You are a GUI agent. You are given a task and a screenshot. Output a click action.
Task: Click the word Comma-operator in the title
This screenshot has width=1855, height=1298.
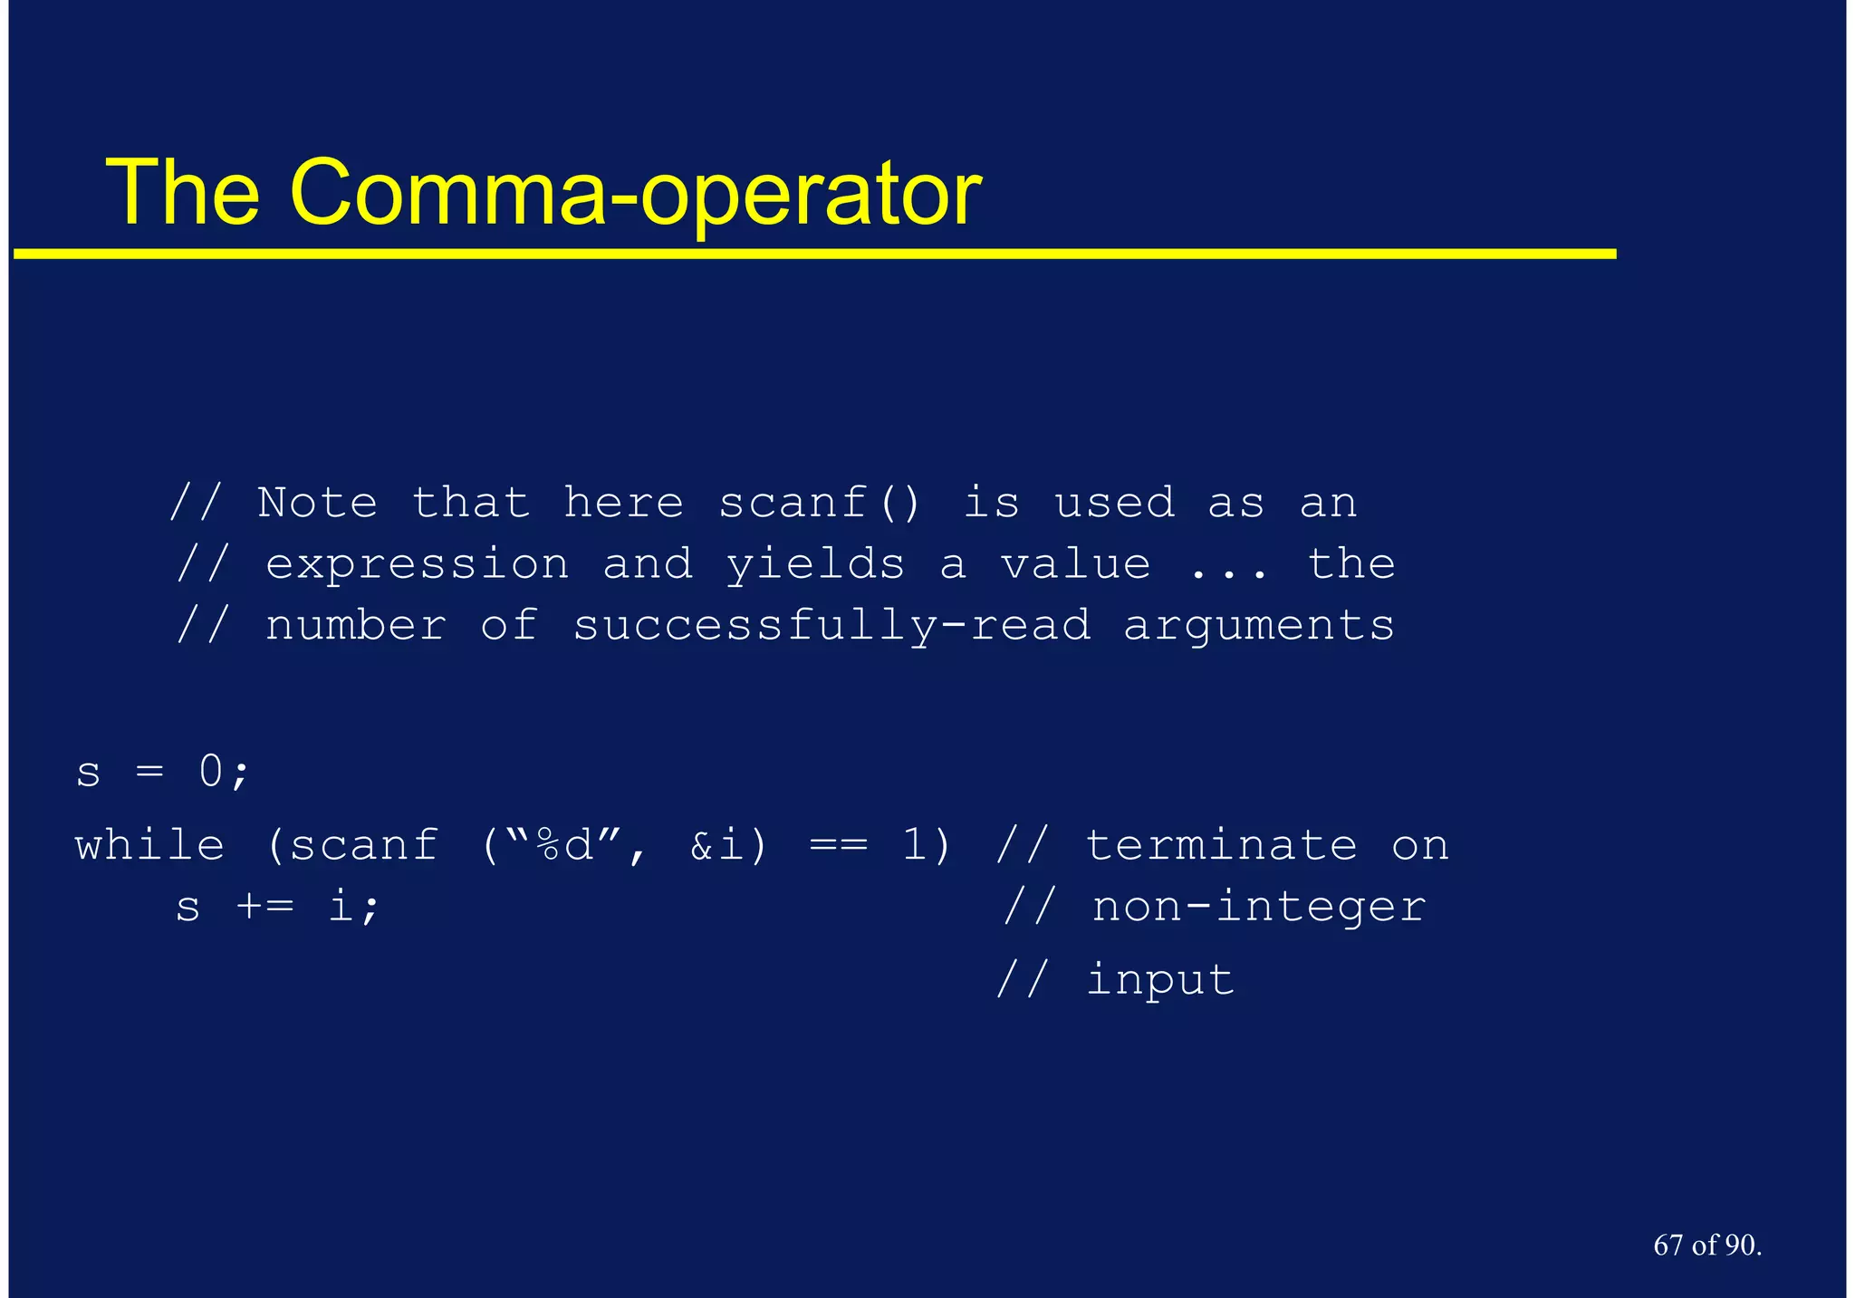pyautogui.click(x=635, y=193)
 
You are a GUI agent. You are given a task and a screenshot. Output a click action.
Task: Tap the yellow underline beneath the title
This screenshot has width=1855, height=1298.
pyautogui.click(x=815, y=255)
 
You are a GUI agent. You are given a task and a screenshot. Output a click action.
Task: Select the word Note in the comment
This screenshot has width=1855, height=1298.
pyautogui.click(x=317, y=503)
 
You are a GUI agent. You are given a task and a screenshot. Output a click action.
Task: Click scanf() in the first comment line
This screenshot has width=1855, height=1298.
pyautogui.click(x=819, y=503)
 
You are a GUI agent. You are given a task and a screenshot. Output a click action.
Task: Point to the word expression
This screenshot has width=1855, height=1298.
pyautogui.click(x=418, y=565)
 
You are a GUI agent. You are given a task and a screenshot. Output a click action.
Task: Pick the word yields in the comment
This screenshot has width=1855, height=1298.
pyautogui.click(x=815, y=565)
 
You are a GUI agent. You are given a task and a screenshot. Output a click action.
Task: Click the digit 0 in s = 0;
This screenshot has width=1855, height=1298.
pyautogui.click(x=211, y=772)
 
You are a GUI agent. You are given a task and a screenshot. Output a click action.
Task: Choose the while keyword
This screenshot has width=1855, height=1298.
pyautogui.click(x=149, y=846)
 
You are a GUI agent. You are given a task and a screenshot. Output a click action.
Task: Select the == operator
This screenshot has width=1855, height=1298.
pyautogui.click(x=838, y=846)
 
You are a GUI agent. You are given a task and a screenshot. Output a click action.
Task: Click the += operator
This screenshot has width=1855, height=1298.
pyautogui.click(x=264, y=907)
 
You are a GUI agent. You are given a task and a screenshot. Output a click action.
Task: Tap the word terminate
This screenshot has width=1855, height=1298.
pyautogui.click(x=1221, y=846)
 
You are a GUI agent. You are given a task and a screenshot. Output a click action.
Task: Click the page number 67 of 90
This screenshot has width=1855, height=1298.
pyautogui.click(x=1706, y=1245)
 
